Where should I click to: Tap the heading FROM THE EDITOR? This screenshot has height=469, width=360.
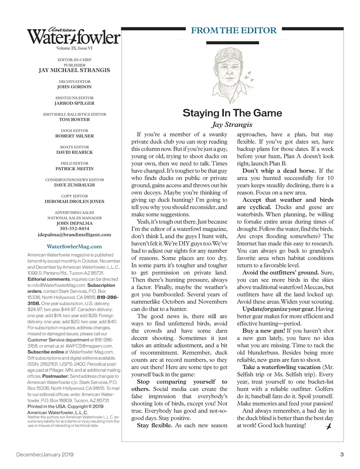[234, 30]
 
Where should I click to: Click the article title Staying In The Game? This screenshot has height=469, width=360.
[232, 113]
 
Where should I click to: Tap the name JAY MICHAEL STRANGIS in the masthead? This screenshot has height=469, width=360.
[74, 70]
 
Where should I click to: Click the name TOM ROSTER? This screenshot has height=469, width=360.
[74, 119]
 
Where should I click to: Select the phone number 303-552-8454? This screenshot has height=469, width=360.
[74, 229]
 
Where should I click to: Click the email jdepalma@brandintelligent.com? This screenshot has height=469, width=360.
[74, 234]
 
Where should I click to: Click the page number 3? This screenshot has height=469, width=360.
[342, 455]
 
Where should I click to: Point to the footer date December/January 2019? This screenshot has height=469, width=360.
[45, 455]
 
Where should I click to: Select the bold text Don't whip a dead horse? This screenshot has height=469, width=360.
[279, 171]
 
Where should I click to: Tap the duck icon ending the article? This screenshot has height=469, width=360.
[329, 426]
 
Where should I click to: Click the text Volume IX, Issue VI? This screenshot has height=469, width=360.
[74, 48]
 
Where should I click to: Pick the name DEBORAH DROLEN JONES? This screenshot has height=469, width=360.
[74, 201]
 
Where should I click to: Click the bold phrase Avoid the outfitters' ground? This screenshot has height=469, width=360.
[281, 273]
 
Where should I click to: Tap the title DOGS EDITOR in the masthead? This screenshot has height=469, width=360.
[74, 130]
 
